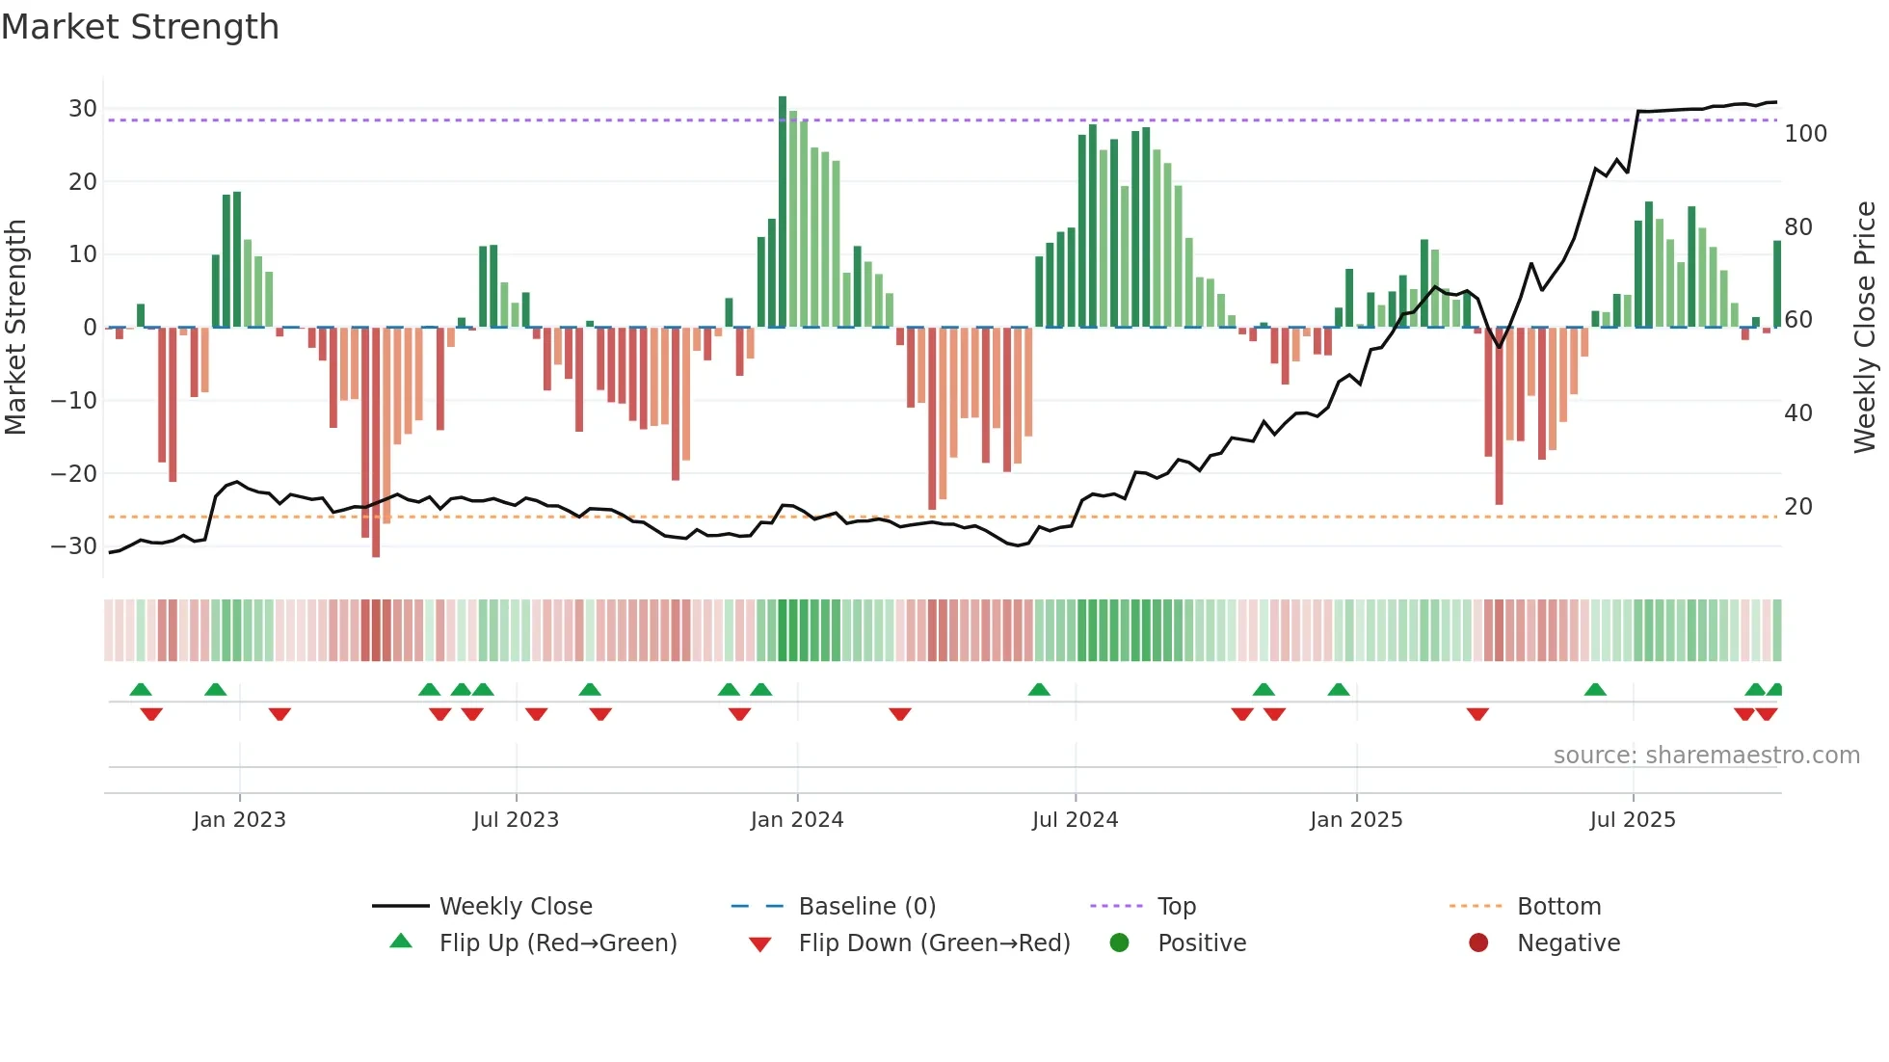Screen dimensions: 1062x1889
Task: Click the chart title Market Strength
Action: coord(140,27)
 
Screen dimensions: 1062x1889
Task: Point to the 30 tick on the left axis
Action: coord(83,109)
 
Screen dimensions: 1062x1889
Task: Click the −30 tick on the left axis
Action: coord(74,546)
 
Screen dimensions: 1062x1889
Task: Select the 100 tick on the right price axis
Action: coord(1805,134)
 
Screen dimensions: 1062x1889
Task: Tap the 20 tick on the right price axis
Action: coord(1798,507)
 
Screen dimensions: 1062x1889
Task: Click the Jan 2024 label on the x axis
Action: coord(797,820)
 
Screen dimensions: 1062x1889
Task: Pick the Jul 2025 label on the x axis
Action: coord(1633,820)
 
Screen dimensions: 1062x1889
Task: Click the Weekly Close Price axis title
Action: coord(1866,328)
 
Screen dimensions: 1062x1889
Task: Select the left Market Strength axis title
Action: coord(16,328)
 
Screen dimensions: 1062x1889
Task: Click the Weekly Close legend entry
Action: coord(516,907)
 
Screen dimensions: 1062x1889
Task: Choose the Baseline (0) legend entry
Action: coord(866,907)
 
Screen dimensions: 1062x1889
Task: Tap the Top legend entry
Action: coord(1176,907)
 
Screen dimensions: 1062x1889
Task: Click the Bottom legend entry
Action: coord(1558,907)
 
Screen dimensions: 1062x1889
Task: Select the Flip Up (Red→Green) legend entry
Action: coord(557,943)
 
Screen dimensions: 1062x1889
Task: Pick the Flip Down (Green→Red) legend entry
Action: coord(934,943)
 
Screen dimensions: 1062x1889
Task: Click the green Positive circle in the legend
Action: coord(1119,943)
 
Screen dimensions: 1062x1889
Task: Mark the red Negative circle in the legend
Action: coord(1478,943)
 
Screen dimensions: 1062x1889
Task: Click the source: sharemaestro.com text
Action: coord(1706,756)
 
